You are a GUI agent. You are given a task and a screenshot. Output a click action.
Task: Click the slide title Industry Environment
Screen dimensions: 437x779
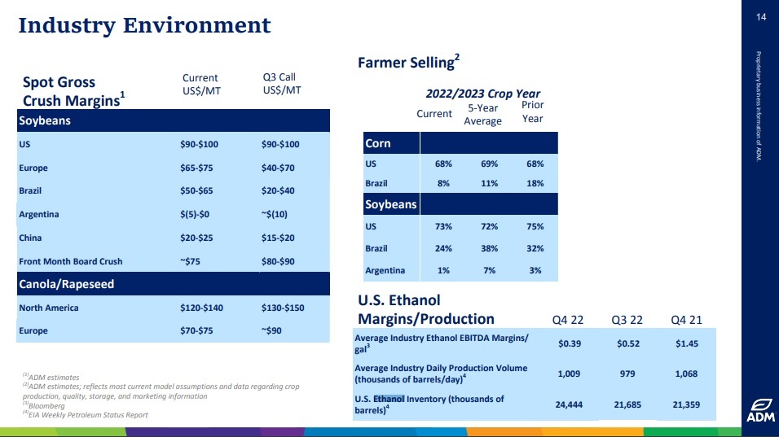(144, 25)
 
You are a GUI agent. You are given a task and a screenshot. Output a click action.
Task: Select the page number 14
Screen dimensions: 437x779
(761, 17)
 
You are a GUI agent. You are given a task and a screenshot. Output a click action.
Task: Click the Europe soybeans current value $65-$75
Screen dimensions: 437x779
(198, 168)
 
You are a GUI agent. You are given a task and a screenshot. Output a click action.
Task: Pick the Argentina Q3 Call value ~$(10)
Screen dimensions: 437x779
(278, 215)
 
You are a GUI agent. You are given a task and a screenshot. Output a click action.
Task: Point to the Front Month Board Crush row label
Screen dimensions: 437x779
(70, 261)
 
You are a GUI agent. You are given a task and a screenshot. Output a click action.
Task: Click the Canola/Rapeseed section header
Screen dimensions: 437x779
(66, 284)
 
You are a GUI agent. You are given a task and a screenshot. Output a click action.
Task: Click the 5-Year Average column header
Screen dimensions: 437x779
(482, 115)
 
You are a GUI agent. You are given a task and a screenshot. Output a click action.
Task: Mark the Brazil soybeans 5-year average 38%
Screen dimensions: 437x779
(489, 248)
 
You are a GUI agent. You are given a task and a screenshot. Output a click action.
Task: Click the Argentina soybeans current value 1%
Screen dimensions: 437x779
(443, 270)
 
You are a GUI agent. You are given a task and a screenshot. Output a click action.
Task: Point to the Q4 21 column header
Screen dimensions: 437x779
(685, 318)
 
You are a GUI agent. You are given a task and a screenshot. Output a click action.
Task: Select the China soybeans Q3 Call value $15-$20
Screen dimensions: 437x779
(278, 238)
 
